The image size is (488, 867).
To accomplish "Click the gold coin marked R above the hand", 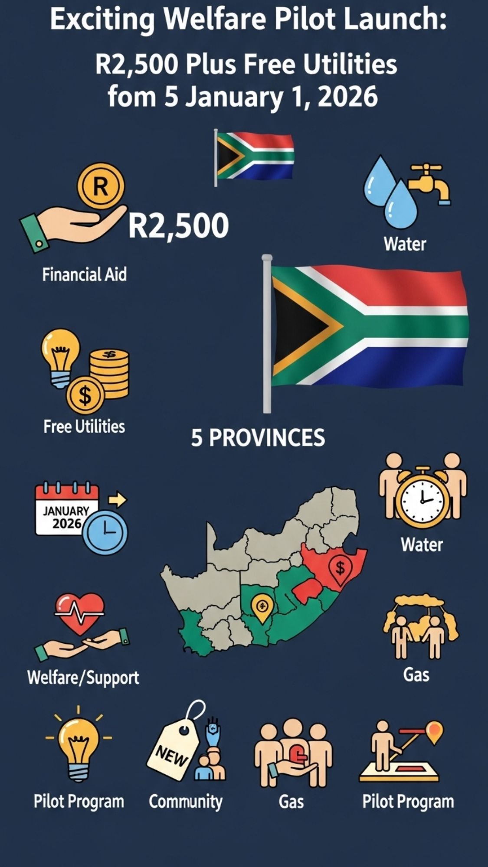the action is tap(101, 186).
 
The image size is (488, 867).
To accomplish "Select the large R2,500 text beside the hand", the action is tap(178, 226).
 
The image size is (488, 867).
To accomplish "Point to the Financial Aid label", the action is tap(85, 275).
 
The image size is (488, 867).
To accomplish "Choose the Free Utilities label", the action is tap(84, 427).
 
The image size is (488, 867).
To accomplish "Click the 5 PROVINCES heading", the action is tap(258, 438).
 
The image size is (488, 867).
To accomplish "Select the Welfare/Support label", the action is tap(83, 678).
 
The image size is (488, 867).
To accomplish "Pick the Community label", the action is tap(185, 802).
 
